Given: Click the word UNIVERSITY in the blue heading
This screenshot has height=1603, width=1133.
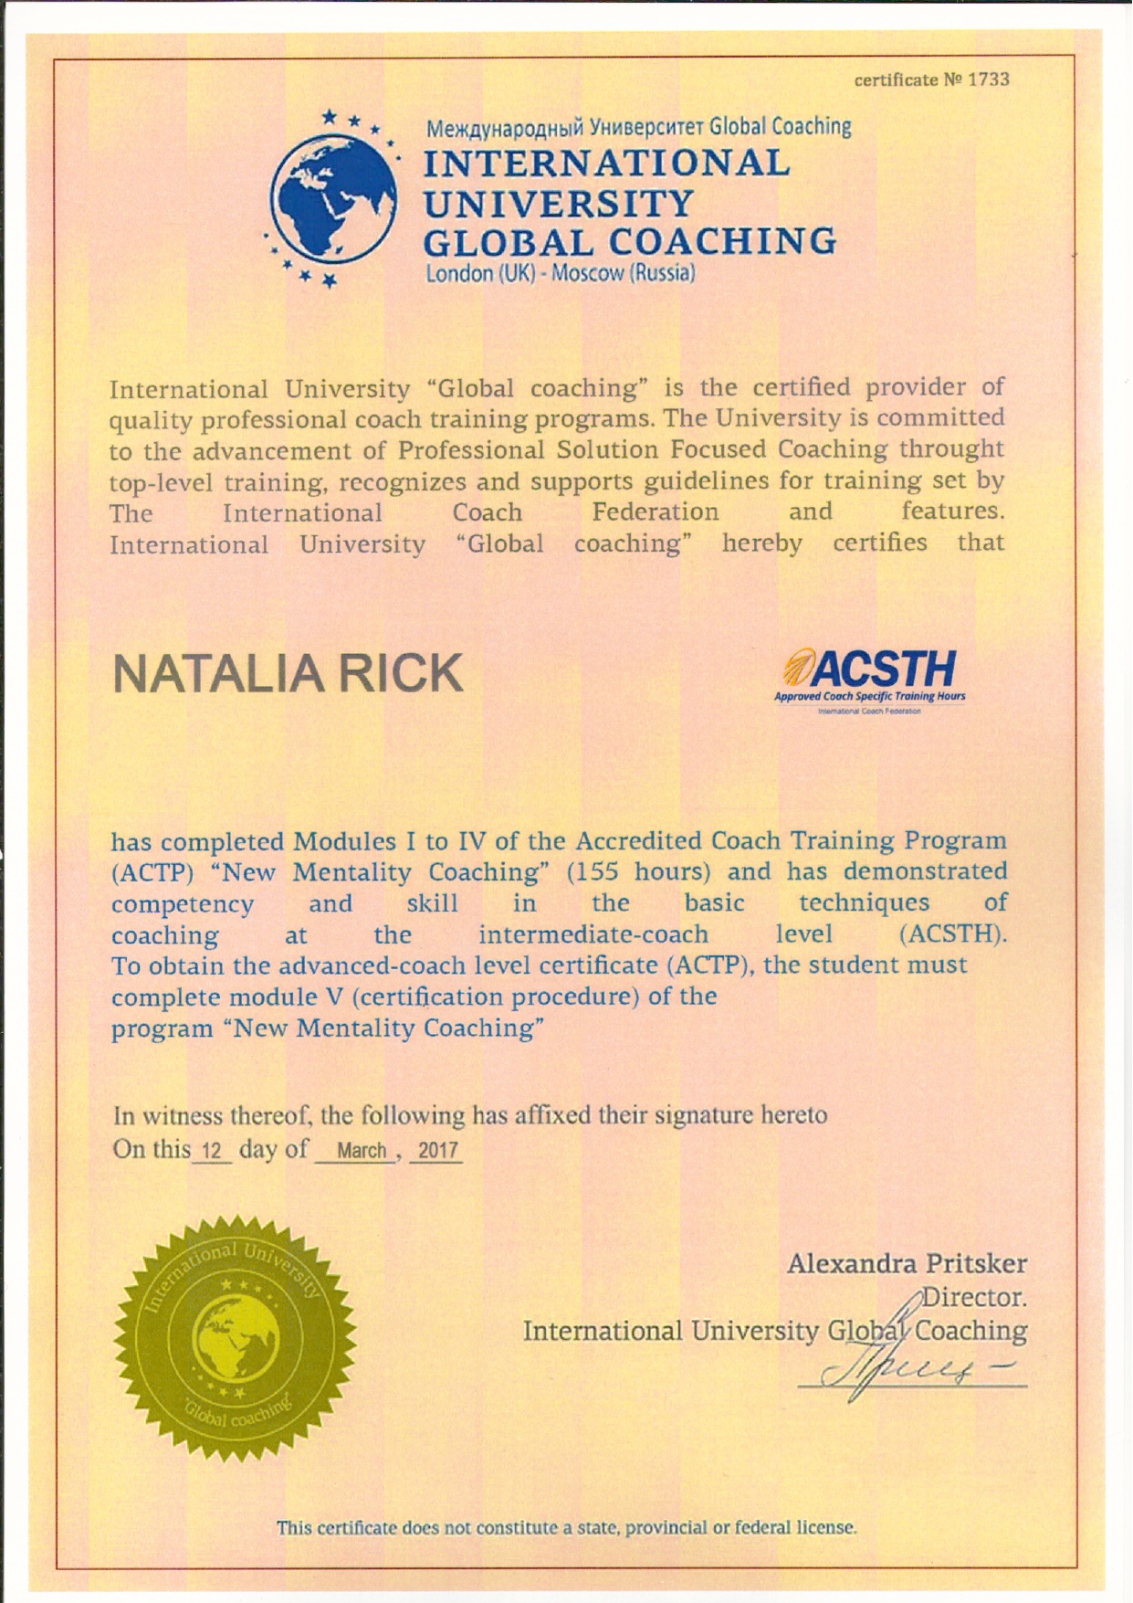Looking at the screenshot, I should coord(559,203).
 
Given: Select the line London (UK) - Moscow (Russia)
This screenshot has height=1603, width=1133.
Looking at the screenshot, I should coord(561,273).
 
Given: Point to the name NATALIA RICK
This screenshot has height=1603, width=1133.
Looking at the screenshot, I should coord(288,673).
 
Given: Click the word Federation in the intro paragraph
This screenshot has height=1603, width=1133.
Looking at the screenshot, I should coord(655,511).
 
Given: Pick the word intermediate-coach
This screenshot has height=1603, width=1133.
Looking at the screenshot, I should coord(593,934).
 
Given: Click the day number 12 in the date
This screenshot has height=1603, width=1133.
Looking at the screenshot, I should coord(212,1151).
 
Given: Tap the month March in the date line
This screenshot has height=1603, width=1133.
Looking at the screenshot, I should coord(362,1151).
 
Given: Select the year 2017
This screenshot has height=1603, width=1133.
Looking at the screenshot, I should coord(437,1151).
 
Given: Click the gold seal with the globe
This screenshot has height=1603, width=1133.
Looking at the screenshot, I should coord(236,1339).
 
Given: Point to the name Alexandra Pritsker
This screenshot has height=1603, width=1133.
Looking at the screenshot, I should coord(907,1264).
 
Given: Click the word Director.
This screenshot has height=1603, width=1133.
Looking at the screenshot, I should coord(975,1297).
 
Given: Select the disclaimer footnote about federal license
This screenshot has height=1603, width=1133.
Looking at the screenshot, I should coord(566,1528).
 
